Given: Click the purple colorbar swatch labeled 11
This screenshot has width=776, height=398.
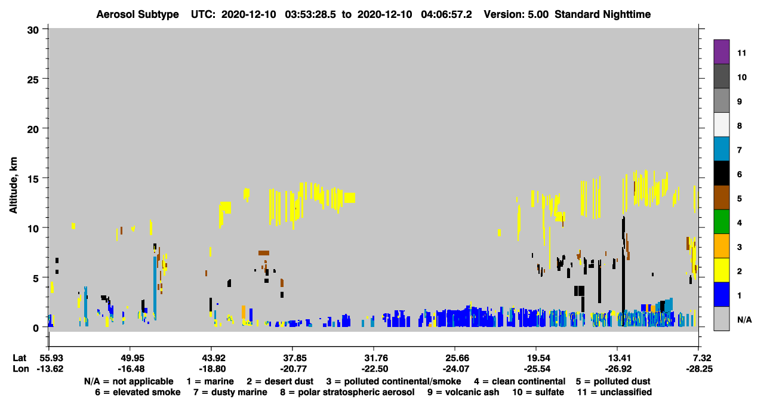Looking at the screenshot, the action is pyautogui.click(x=721, y=52).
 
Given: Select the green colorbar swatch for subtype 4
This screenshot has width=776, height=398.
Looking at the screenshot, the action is pyautogui.click(x=721, y=222).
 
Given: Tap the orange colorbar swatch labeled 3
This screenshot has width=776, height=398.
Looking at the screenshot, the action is pyautogui.click(x=721, y=246).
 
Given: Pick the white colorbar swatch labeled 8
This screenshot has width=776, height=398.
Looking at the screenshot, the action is pyautogui.click(x=721, y=125).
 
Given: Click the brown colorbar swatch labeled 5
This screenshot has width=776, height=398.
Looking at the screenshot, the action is pyautogui.click(x=721, y=198).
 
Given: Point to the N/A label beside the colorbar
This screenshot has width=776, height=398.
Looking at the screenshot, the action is pyautogui.click(x=744, y=320).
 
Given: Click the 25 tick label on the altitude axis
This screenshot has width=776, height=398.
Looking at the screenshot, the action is pyautogui.click(x=33, y=80).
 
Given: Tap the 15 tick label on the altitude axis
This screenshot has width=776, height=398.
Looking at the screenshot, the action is pyautogui.click(x=33, y=179).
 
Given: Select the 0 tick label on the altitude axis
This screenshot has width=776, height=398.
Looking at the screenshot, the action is pyautogui.click(x=36, y=328).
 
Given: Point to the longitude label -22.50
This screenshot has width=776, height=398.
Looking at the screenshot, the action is pyautogui.click(x=374, y=369).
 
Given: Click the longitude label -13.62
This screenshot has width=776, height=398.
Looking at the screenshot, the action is pyautogui.click(x=50, y=369).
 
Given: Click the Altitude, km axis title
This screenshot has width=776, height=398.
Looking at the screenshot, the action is pyautogui.click(x=13, y=186).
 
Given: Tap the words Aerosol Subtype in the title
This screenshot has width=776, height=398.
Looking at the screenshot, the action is pyautogui.click(x=137, y=14).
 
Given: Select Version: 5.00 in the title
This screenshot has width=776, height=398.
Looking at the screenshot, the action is pyautogui.click(x=516, y=14).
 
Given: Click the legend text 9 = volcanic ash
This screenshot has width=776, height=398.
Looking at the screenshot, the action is pyautogui.click(x=463, y=392).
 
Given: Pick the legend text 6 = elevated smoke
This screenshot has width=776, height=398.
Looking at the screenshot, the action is pyautogui.click(x=138, y=392).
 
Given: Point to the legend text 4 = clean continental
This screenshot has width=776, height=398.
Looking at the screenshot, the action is pyautogui.click(x=520, y=381).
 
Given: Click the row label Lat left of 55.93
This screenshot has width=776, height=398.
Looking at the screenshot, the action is pyautogui.click(x=19, y=358).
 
